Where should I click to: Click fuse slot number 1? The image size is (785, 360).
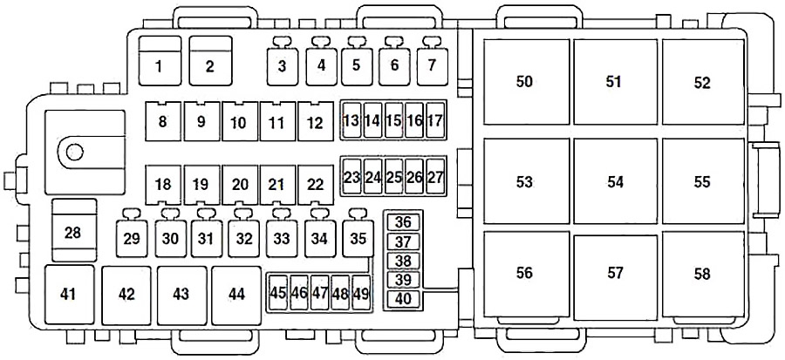pos(160,60)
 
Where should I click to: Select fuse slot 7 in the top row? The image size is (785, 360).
pos(432,66)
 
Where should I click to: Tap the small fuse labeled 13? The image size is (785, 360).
pos(352,120)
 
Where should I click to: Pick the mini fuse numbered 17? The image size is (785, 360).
pos(435,120)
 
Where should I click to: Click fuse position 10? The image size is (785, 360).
pos(239,121)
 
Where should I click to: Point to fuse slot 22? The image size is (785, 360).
pos(316,185)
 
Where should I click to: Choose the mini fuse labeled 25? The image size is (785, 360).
pos(394,176)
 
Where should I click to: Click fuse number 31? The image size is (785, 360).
pos(206,238)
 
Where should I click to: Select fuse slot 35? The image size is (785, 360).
pos(358,238)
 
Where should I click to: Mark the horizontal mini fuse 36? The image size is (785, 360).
pos(403,222)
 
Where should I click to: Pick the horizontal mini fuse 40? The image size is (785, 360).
pos(403,298)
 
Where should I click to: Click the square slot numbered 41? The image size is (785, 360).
pos(69,295)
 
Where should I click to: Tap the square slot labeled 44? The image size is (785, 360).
pos(236,295)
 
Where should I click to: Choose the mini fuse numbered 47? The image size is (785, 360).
pos(319,293)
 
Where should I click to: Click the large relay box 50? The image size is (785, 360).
pos(526,81)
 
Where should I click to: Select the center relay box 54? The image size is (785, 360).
pos(615,181)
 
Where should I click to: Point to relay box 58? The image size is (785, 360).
pos(703,274)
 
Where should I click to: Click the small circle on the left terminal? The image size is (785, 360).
pos(75,152)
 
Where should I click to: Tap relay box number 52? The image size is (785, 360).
pos(703,81)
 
